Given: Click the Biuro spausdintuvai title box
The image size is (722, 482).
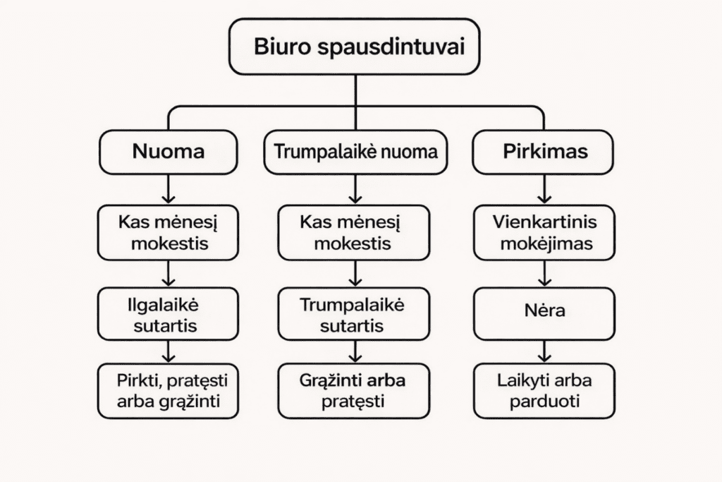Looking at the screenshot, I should [354, 47].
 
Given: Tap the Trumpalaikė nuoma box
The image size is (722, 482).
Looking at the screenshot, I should [355, 152].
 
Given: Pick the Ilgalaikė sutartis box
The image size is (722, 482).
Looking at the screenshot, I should [168, 315].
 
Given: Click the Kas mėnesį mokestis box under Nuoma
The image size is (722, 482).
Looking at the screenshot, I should [168, 233].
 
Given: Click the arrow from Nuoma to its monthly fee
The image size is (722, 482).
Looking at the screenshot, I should [168, 189].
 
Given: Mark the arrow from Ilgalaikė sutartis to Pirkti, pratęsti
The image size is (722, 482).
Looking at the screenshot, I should [168, 351].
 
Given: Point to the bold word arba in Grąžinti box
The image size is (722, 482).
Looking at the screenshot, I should [388, 381].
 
